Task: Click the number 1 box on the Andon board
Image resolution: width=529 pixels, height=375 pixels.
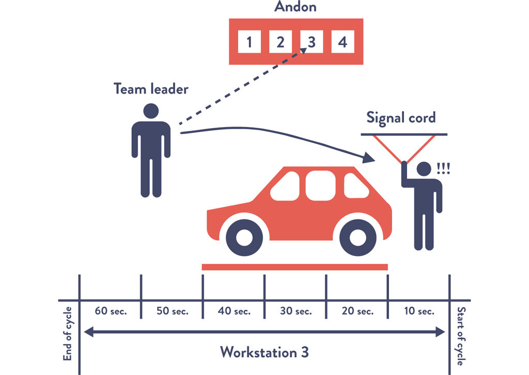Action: [x=250, y=41]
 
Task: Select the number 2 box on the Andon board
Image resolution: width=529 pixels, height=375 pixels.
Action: [x=281, y=41]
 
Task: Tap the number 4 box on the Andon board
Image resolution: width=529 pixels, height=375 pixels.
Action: [x=342, y=41]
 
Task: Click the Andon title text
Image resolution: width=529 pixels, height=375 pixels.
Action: [x=295, y=7]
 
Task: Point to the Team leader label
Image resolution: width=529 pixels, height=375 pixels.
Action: [x=151, y=88]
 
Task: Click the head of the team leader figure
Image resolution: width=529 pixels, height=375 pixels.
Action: [x=151, y=111]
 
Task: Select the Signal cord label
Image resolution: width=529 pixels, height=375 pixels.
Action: [x=401, y=117]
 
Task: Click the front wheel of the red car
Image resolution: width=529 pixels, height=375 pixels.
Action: [x=244, y=237]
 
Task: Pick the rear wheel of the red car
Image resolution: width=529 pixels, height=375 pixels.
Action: [x=357, y=237]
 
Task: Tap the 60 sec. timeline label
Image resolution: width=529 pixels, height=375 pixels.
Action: [x=111, y=311]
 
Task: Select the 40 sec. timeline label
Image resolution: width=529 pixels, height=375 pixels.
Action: [x=234, y=311]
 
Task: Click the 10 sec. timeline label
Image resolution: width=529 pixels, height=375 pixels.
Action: [x=419, y=311]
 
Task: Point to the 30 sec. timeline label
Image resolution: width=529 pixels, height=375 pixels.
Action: [x=295, y=311]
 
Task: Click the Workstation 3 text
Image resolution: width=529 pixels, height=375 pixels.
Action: [x=264, y=352]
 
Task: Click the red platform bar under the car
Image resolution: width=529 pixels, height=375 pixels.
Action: [x=294, y=267]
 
